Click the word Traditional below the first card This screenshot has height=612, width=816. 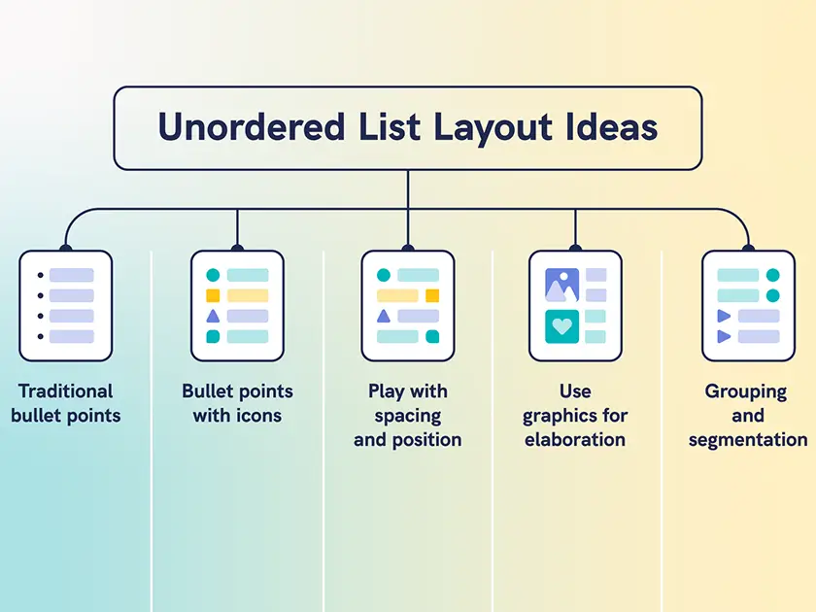tap(66, 391)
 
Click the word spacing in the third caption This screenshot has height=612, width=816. tap(408, 416)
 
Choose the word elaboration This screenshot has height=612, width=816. tap(575, 440)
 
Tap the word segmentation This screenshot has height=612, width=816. tap(748, 440)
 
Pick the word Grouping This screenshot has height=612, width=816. tap(746, 391)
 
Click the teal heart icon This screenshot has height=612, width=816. tap(562, 326)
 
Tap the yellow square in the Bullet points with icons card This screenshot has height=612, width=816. tap(213, 295)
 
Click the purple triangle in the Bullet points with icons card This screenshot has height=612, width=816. tap(213, 316)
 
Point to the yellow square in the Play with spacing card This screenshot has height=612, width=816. tap(432, 295)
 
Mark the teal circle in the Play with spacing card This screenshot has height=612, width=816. tap(384, 276)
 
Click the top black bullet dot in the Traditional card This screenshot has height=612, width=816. tap(40, 275)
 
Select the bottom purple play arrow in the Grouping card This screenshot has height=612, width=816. tap(723, 336)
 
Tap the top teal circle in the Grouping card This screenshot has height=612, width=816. tap(773, 276)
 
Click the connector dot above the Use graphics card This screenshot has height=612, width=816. tap(575, 247)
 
